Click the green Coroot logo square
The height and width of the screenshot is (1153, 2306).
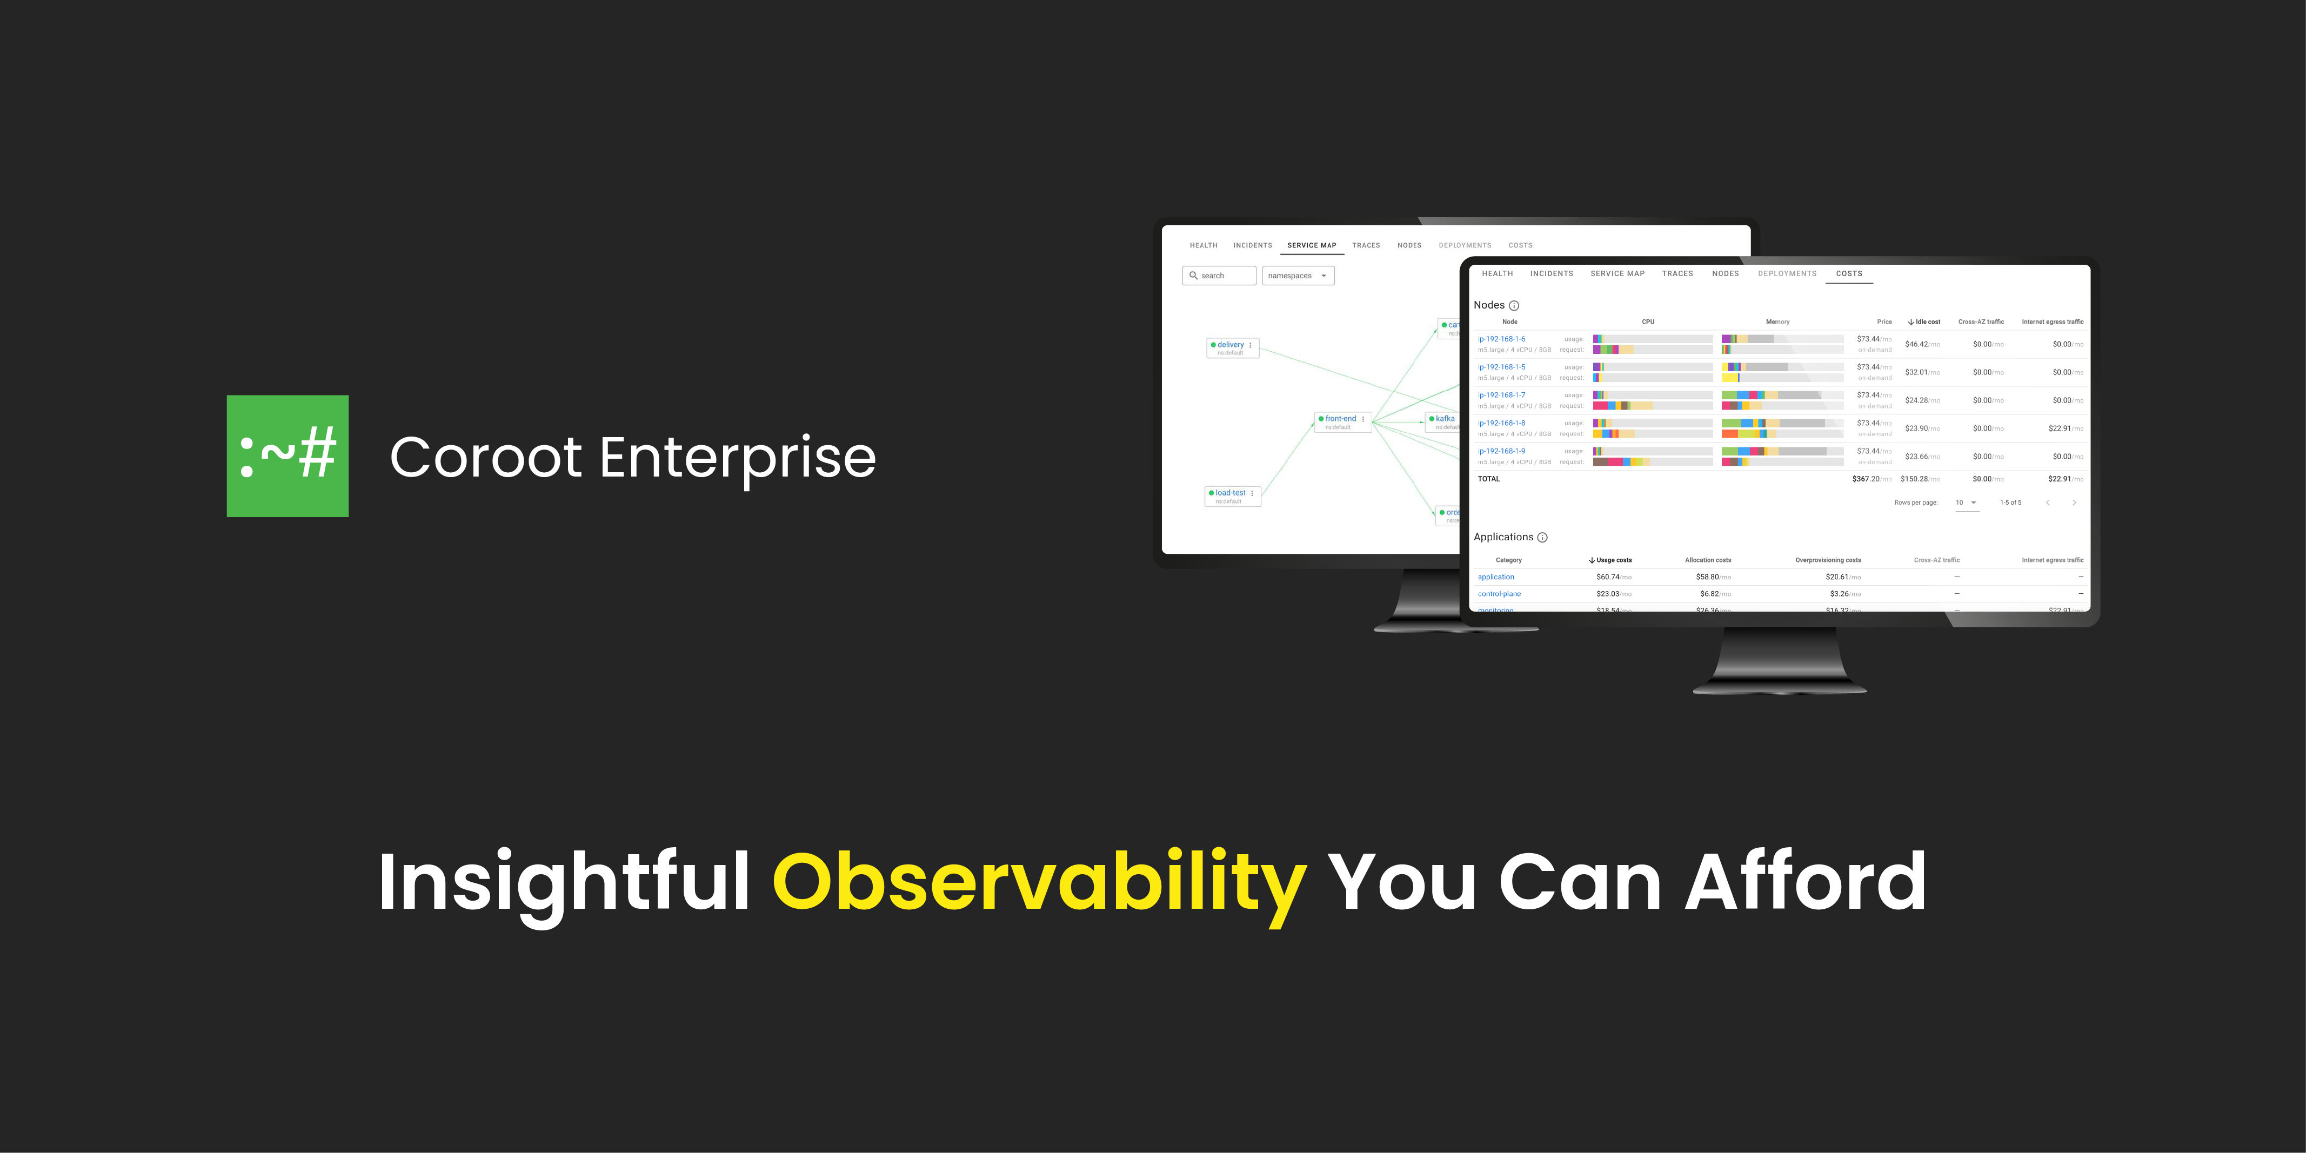pyautogui.click(x=288, y=455)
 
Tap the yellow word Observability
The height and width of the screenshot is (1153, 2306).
pyautogui.click(x=1038, y=883)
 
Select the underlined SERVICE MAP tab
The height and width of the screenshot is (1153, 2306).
pyautogui.click(x=1312, y=245)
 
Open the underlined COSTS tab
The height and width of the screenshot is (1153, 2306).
pyautogui.click(x=1849, y=274)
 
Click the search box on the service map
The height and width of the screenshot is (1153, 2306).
pyautogui.click(x=1219, y=276)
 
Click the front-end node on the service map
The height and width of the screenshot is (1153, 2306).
pyautogui.click(x=1340, y=419)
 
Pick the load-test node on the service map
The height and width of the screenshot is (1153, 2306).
pyautogui.click(x=1230, y=493)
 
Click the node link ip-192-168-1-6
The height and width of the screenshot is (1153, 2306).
pyautogui.click(x=1501, y=339)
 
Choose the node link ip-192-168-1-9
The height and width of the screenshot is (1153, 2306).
pyautogui.click(x=1501, y=451)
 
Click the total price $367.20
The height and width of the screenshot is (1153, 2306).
pyautogui.click(x=1867, y=479)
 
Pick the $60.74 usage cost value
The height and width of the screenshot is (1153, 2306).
pyautogui.click(x=1609, y=578)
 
